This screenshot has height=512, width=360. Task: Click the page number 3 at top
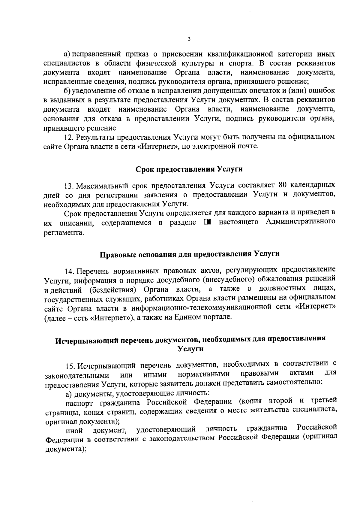point(189,39)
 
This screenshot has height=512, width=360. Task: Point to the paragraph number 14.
point(70,271)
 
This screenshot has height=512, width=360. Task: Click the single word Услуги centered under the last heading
point(190,349)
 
